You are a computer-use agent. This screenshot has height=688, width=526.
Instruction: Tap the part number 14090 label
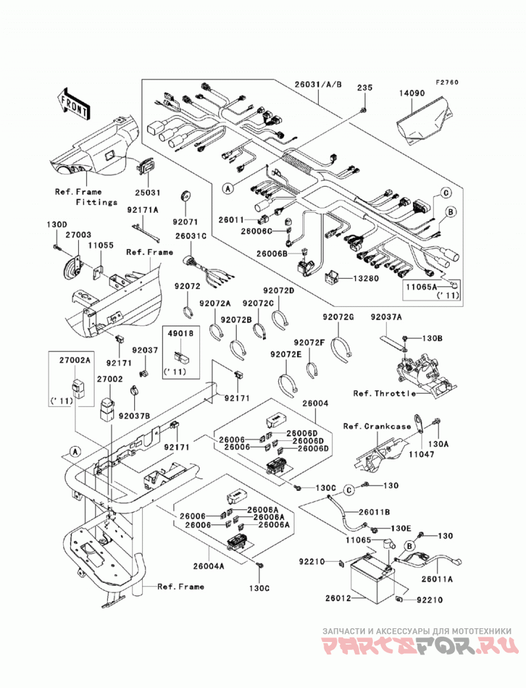[412, 93]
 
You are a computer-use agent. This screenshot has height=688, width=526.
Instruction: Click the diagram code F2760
[446, 82]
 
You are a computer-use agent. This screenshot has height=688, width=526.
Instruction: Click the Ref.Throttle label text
[384, 393]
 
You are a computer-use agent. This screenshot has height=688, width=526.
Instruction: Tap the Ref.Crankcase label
[377, 426]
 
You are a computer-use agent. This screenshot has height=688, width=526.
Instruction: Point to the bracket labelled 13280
[332, 278]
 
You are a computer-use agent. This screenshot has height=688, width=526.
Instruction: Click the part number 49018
[181, 333]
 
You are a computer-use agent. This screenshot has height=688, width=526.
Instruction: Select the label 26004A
[208, 566]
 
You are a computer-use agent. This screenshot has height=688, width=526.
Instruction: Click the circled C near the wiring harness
[445, 192]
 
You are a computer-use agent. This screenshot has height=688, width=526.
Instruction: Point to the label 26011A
[437, 579]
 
